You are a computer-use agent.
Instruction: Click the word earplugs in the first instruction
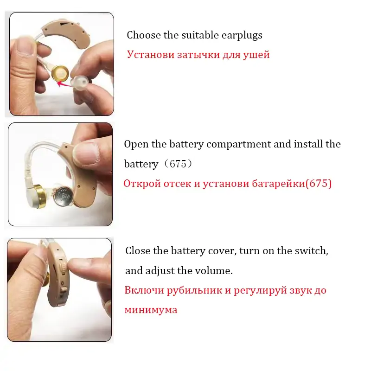(x=242, y=36)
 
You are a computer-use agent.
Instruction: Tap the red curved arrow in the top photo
(x=64, y=84)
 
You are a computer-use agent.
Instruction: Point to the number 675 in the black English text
(x=178, y=164)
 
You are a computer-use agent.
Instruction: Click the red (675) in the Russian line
(x=319, y=184)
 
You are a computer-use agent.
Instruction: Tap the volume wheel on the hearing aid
(x=63, y=267)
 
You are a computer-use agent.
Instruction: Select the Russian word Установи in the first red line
(x=150, y=55)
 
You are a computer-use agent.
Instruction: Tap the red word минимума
(x=151, y=310)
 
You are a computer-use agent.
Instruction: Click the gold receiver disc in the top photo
(x=60, y=73)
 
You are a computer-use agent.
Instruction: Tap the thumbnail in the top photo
(x=25, y=46)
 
